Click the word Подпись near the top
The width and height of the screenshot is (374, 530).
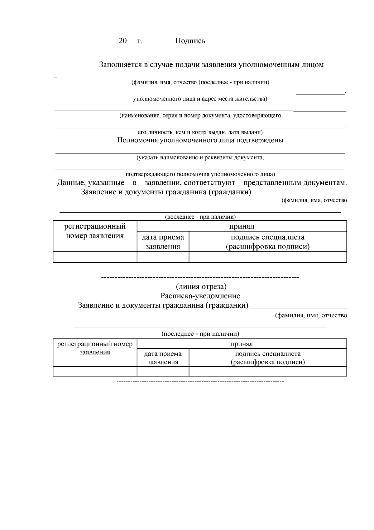[190, 41]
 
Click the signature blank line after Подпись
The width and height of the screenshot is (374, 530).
[248, 44]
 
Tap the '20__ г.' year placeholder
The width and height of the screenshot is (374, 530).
[130, 41]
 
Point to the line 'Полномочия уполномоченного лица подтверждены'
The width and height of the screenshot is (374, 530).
[200, 140]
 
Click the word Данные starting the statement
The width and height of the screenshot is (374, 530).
[71, 183]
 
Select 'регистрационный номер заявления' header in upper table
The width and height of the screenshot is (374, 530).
[95, 231]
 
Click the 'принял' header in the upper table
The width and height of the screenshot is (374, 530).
[242, 226]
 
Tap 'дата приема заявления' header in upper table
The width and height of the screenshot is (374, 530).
[163, 242]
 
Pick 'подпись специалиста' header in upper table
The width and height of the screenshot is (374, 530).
[267, 237]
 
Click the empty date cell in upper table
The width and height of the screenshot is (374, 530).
[163, 257]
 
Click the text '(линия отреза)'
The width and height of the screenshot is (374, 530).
[201, 286]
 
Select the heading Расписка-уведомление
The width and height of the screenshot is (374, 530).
[200, 296]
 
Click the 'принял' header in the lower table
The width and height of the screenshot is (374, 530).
[242, 344]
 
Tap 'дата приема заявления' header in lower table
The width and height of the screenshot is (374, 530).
[163, 358]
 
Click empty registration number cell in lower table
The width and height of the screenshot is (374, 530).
[95, 371]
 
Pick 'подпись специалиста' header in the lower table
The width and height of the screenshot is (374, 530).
[267, 354]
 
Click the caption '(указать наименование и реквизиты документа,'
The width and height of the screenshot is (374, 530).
[200, 157]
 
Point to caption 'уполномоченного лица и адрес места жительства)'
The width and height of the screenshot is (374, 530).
[200, 99]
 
